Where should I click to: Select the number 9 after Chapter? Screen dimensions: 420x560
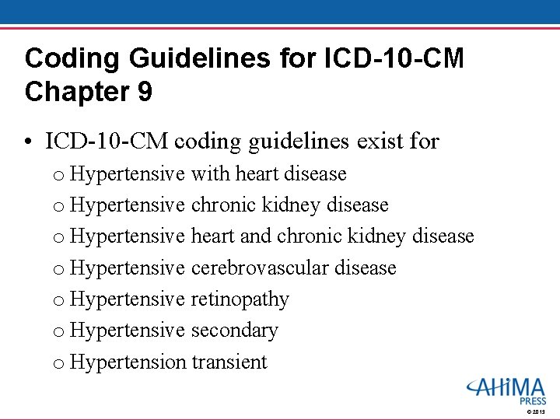[144, 92]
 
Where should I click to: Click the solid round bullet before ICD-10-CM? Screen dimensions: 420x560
[29, 142]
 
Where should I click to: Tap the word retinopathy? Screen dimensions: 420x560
[240, 299]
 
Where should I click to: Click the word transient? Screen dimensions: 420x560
[229, 362]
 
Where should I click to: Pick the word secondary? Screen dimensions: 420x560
[234, 331]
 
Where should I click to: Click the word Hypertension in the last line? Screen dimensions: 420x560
[128, 362]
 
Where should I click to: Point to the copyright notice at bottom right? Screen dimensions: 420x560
[537, 411]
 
